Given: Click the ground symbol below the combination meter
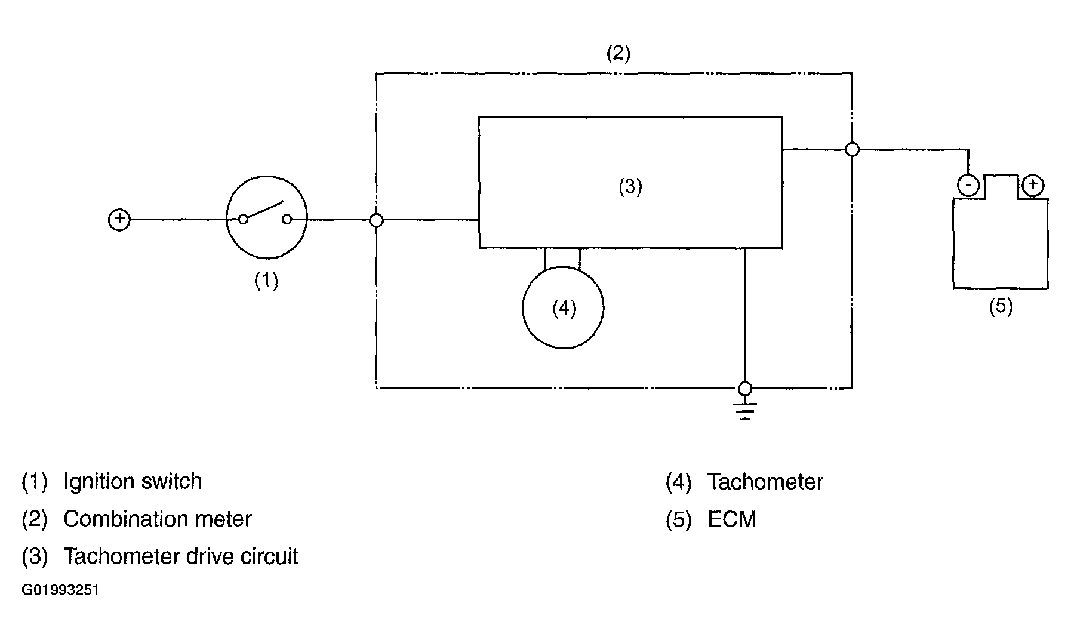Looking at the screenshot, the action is pyautogui.click(x=745, y=411).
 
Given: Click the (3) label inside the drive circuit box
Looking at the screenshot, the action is pyautogui.click(x=630, y=187).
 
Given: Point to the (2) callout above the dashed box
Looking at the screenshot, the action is pyautogui.click(x=618, y=54).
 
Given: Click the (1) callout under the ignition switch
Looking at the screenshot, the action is pyautogui.click(x=266, y=280).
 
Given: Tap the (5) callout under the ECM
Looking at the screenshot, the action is pyautogui.click(x=1001, y=306).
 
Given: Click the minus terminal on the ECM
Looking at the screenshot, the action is pyautogui.click(x=968, y=185).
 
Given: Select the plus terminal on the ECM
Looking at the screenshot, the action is pyautogui.click(x=1032, y=185).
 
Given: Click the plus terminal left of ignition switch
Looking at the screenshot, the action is pyautogui.click(x=119, y=220).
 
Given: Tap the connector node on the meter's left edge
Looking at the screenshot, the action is pyautogui.click(x=376, y=220).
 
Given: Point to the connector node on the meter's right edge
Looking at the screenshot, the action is pyautogui.click(x=853, y=149).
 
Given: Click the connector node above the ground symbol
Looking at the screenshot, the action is pyautogui.click(x=745, y=389).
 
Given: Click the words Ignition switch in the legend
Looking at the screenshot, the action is pyautogui.click(x=133, y=481).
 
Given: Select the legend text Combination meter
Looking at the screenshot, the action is pyautogui.click(x=158, y=519).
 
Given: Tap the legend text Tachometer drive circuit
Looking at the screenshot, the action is pyautogui.click(x=180, y=556).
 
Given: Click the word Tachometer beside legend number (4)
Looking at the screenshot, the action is pyautogui.click(x=765, y=482).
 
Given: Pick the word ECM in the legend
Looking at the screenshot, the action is pyautogui.click(x=732, y=519).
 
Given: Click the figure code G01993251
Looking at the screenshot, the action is pyautogui.click(x=60, y=590).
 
